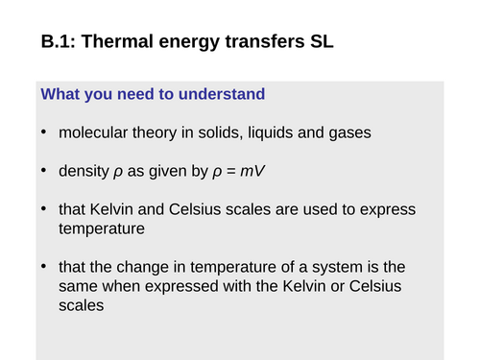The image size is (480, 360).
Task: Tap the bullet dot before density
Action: coord(45,173)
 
